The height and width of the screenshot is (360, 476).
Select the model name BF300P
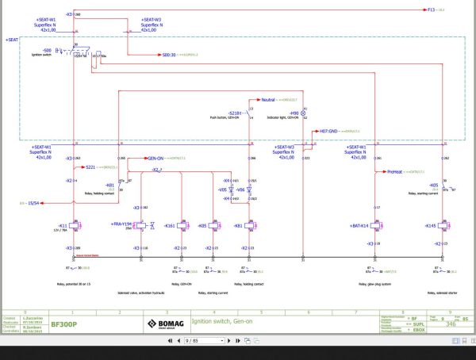click(63, 324)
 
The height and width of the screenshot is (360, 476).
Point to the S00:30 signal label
click(167, 55)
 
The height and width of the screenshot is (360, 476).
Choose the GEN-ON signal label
click(155, 158)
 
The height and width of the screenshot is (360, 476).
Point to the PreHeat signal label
click(396, 170)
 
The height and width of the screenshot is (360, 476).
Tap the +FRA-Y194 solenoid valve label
click(124, 225)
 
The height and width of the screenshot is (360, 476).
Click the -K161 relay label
click(169, 226)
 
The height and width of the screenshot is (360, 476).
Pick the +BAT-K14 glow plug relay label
click(359, 226)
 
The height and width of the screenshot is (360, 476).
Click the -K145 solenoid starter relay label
click(430, 226)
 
